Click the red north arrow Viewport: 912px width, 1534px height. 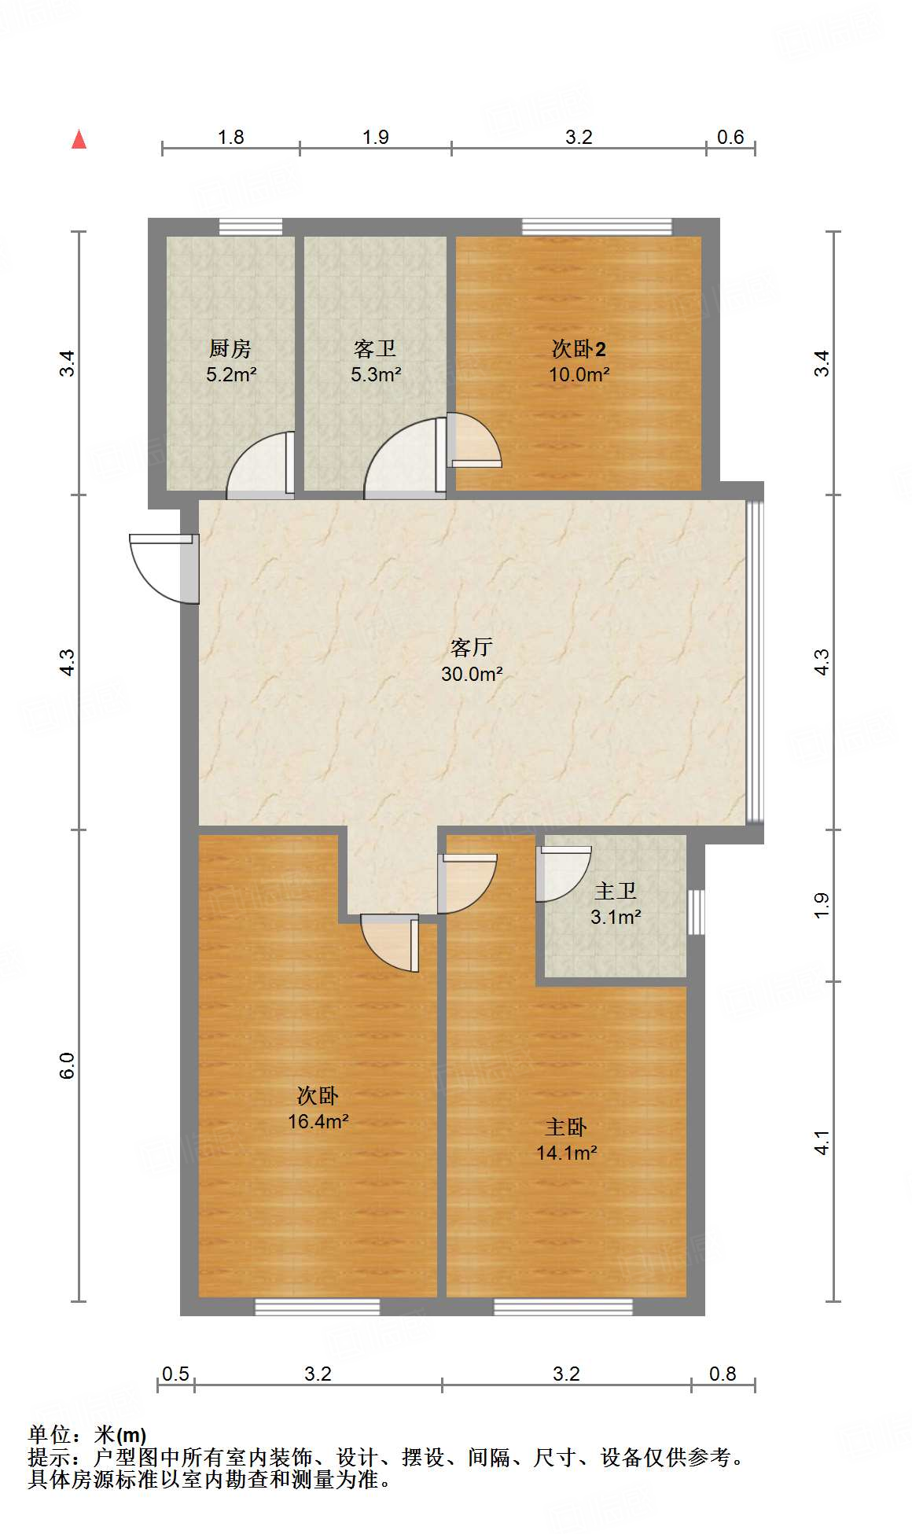[79, 139]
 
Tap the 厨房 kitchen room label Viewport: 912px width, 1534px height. [230, 348]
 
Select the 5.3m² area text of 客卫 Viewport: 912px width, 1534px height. [376, 374]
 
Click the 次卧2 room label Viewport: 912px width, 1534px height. [579, 348]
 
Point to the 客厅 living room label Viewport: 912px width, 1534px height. [472, 647]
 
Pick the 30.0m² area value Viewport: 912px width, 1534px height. [472, 674]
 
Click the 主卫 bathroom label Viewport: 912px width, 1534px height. [615, 891]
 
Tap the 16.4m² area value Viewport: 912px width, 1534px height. [318, 1121]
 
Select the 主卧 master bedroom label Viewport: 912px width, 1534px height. [566, 1127]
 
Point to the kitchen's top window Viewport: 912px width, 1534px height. [250, 226]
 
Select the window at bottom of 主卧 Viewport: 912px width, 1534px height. [563, 1307]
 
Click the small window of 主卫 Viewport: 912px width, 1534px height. [696, 912]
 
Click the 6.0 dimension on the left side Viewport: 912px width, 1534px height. [68, 1065]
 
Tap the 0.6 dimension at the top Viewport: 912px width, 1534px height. [730, 137]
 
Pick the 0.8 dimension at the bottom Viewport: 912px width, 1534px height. [723, 1374]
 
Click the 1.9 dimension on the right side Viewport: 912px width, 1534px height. [822, 905]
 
